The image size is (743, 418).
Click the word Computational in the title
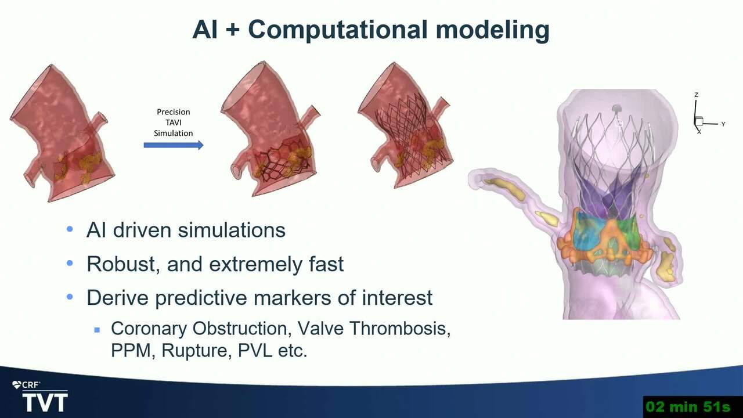338,30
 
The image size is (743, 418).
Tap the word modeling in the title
493,30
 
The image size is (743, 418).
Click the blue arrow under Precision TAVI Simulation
174,145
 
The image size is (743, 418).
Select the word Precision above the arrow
173,112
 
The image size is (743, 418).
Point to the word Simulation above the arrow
173,133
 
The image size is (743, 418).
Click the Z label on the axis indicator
696,95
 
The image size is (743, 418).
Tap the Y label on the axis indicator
723,124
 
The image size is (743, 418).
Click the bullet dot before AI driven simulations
70,229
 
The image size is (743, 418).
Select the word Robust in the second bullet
122,264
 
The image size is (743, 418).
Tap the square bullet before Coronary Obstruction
97,330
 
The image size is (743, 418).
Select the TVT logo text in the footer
45,402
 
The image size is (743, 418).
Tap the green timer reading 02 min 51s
688,407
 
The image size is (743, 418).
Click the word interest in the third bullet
397,298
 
